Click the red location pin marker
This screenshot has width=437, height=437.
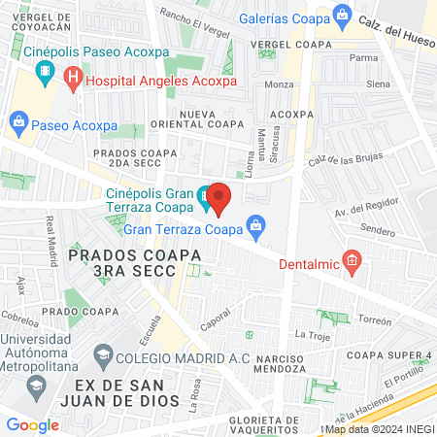pos(218,198)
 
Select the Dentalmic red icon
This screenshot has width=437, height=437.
pos(353,260)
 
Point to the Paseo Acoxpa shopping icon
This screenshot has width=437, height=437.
pos(18,121)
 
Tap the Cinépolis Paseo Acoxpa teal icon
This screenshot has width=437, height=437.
pos(44,71)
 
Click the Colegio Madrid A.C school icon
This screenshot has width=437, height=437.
pos(104,358)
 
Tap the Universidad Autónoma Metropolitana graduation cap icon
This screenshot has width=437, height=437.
pos(35,386)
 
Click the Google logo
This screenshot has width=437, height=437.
pos(32,424)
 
